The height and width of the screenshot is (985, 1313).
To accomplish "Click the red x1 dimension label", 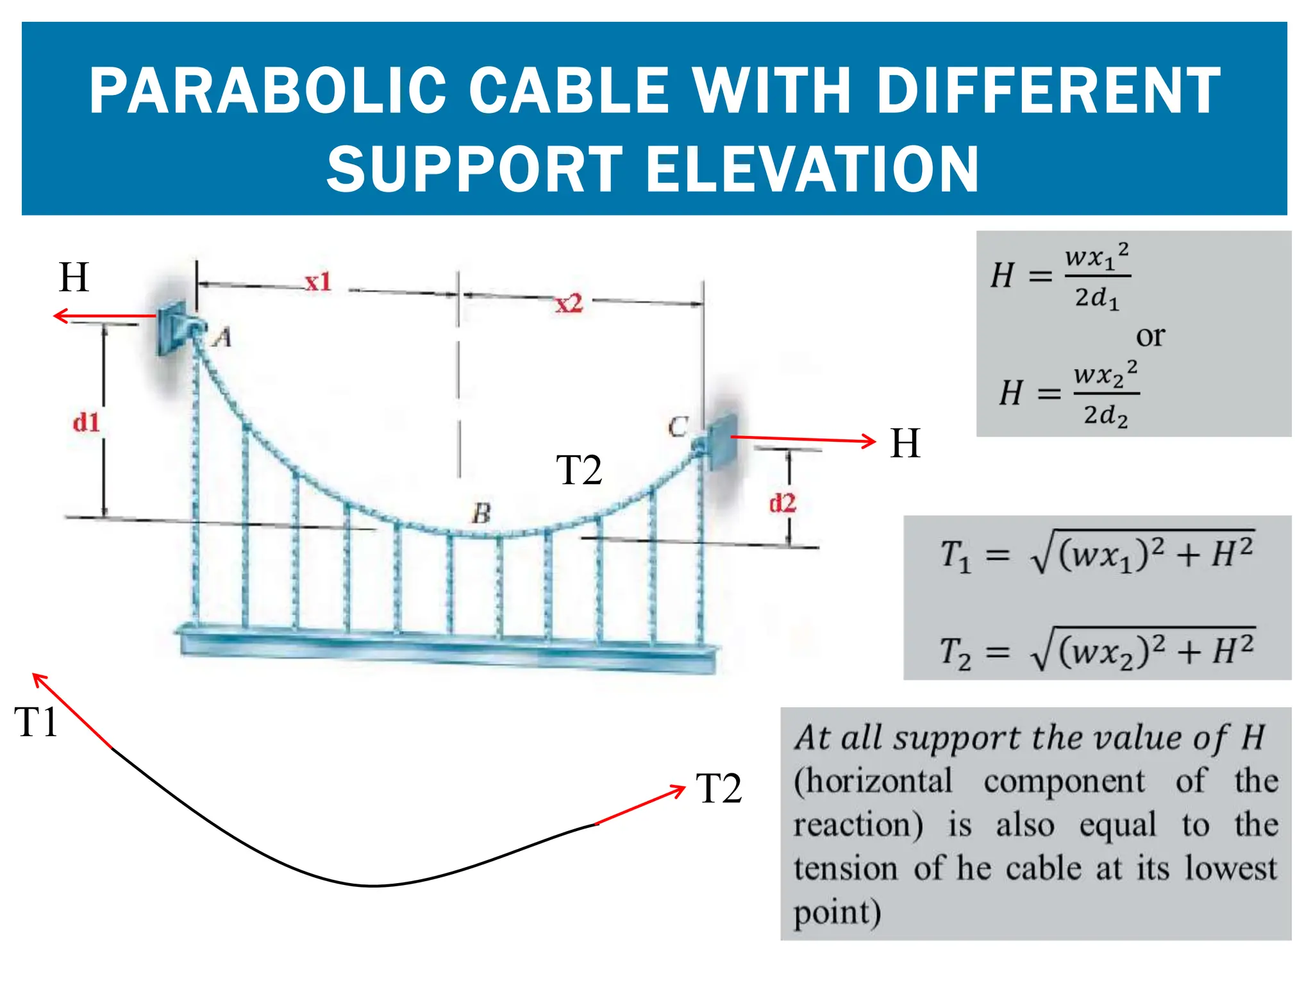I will click(x=318, y=282).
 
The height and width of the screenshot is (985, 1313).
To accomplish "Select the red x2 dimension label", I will click(x=569, y=303).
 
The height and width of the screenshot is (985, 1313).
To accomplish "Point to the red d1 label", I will click(x=86, y=423).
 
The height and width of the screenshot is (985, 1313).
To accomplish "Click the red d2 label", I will click(x=782, y=503).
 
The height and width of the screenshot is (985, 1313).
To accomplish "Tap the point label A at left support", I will click(x=222, y=337).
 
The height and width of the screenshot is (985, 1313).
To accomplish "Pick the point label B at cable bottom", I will click(x=481, y=513).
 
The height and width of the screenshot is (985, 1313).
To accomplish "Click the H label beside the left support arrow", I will click(x=74, y=277).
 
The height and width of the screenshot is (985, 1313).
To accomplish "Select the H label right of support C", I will click(x=905, y=443).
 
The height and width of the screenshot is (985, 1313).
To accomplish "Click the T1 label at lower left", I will click(x=36, y=722).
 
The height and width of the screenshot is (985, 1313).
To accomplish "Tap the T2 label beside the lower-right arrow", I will click(x=719, y=788).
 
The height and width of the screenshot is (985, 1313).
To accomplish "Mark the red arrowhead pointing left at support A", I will click(x=60, y=316).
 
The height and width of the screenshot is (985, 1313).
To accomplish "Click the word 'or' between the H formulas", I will click(x=1150, y=335).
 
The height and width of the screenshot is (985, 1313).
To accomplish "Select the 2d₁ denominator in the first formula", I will click(x=1097, y=298).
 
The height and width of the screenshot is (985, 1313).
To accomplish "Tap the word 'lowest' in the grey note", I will click(x=1231, y=868).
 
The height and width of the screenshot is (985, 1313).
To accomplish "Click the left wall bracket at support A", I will click(x=172, y=327).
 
